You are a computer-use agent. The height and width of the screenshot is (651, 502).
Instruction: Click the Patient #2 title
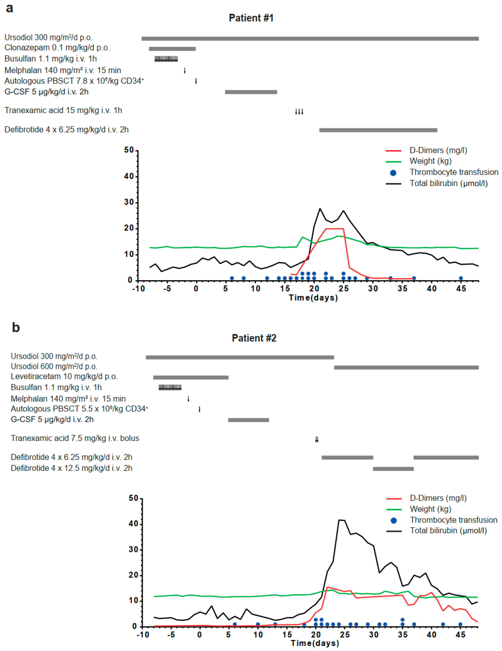tap(254, 338)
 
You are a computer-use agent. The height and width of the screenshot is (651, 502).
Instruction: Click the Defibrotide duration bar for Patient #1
tap(378, 130)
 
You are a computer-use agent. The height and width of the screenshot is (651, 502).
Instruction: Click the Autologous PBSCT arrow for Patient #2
tap(199, 409)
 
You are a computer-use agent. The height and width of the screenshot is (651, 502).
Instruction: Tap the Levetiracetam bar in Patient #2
tap(191, 377)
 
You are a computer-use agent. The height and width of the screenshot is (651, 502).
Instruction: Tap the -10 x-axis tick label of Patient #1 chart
tap(138, 289)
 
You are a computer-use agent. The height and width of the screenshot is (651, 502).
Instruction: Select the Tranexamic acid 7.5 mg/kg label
tap(75, 438)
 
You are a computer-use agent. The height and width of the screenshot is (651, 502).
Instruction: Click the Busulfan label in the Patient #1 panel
tap(51, 59)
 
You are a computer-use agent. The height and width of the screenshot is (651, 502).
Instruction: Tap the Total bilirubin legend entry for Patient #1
tap(448, 183)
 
